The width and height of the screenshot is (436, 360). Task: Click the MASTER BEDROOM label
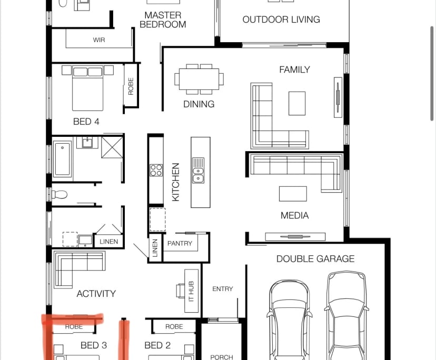click(163, 20)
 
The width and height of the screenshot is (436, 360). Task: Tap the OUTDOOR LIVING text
click(281, 19)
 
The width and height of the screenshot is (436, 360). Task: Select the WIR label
click(99, 40)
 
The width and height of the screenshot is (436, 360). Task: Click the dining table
click(199, 79)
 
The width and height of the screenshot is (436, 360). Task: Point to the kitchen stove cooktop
click(156, 170)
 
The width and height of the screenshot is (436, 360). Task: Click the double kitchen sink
click(198, 171)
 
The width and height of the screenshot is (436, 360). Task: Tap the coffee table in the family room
click(297, 103)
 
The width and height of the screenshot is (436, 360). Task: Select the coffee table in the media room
click(293, 194)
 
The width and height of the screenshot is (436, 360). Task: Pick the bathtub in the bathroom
click(62, 159)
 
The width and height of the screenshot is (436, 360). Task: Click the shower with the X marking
click(112, 147)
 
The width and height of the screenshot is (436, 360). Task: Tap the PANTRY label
click(180, 243)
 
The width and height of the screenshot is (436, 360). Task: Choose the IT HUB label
click(191, 292)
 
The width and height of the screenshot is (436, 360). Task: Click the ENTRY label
click(223, 289)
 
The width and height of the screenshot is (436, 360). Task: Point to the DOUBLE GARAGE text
click(315, 259)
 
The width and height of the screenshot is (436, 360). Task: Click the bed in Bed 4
click(87, 88)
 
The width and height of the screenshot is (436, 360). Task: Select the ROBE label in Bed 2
click(174, 326)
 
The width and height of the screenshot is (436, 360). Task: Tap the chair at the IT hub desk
click(180, 291)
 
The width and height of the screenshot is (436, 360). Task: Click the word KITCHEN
click(176, 182)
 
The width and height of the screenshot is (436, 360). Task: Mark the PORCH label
click(222, 357)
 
